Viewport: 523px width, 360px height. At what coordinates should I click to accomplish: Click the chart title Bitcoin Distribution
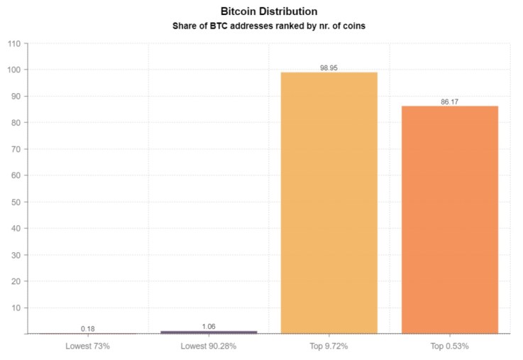[x=269, y=12]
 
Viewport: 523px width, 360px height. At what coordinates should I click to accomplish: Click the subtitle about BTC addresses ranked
[x=269, y=26]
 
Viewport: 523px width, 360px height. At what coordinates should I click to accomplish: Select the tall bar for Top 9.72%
[x=329, y=202]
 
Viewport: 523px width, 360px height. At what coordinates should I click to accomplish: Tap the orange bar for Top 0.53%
[x=450, y=219]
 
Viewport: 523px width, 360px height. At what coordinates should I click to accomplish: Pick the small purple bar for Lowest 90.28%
[x=209, y=332]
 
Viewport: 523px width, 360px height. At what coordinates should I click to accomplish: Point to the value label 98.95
[x=329, y=67]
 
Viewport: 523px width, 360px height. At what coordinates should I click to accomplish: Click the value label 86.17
[x=450, y=102]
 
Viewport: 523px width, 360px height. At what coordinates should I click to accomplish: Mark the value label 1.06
[x=209, y=327]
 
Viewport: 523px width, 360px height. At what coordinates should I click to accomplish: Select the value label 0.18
[x=88, y=329]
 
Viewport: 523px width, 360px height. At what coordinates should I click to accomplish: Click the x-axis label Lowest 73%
[x=88, y=346]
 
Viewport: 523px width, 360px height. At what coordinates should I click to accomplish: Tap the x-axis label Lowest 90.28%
[x=209, y=346]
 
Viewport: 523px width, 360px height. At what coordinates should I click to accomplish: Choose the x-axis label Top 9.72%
[x=329, y=346]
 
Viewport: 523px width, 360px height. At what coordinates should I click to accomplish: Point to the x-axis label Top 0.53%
[x=450, y=346]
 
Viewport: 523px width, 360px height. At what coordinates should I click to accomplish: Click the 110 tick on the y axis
[x=13, y=43]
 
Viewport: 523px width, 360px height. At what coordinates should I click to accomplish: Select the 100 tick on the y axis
[x=13, y=70]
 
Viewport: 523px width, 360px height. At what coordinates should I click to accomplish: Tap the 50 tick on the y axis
[x=16, y=202]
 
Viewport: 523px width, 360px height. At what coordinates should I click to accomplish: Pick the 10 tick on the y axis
[x=16, y=308]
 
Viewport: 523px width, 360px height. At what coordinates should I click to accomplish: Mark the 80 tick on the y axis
[x=16, y=123]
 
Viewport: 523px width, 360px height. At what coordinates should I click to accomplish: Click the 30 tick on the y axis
[x=16, y=255]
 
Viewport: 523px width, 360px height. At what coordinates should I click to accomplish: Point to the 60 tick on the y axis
[x=16, y=175]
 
